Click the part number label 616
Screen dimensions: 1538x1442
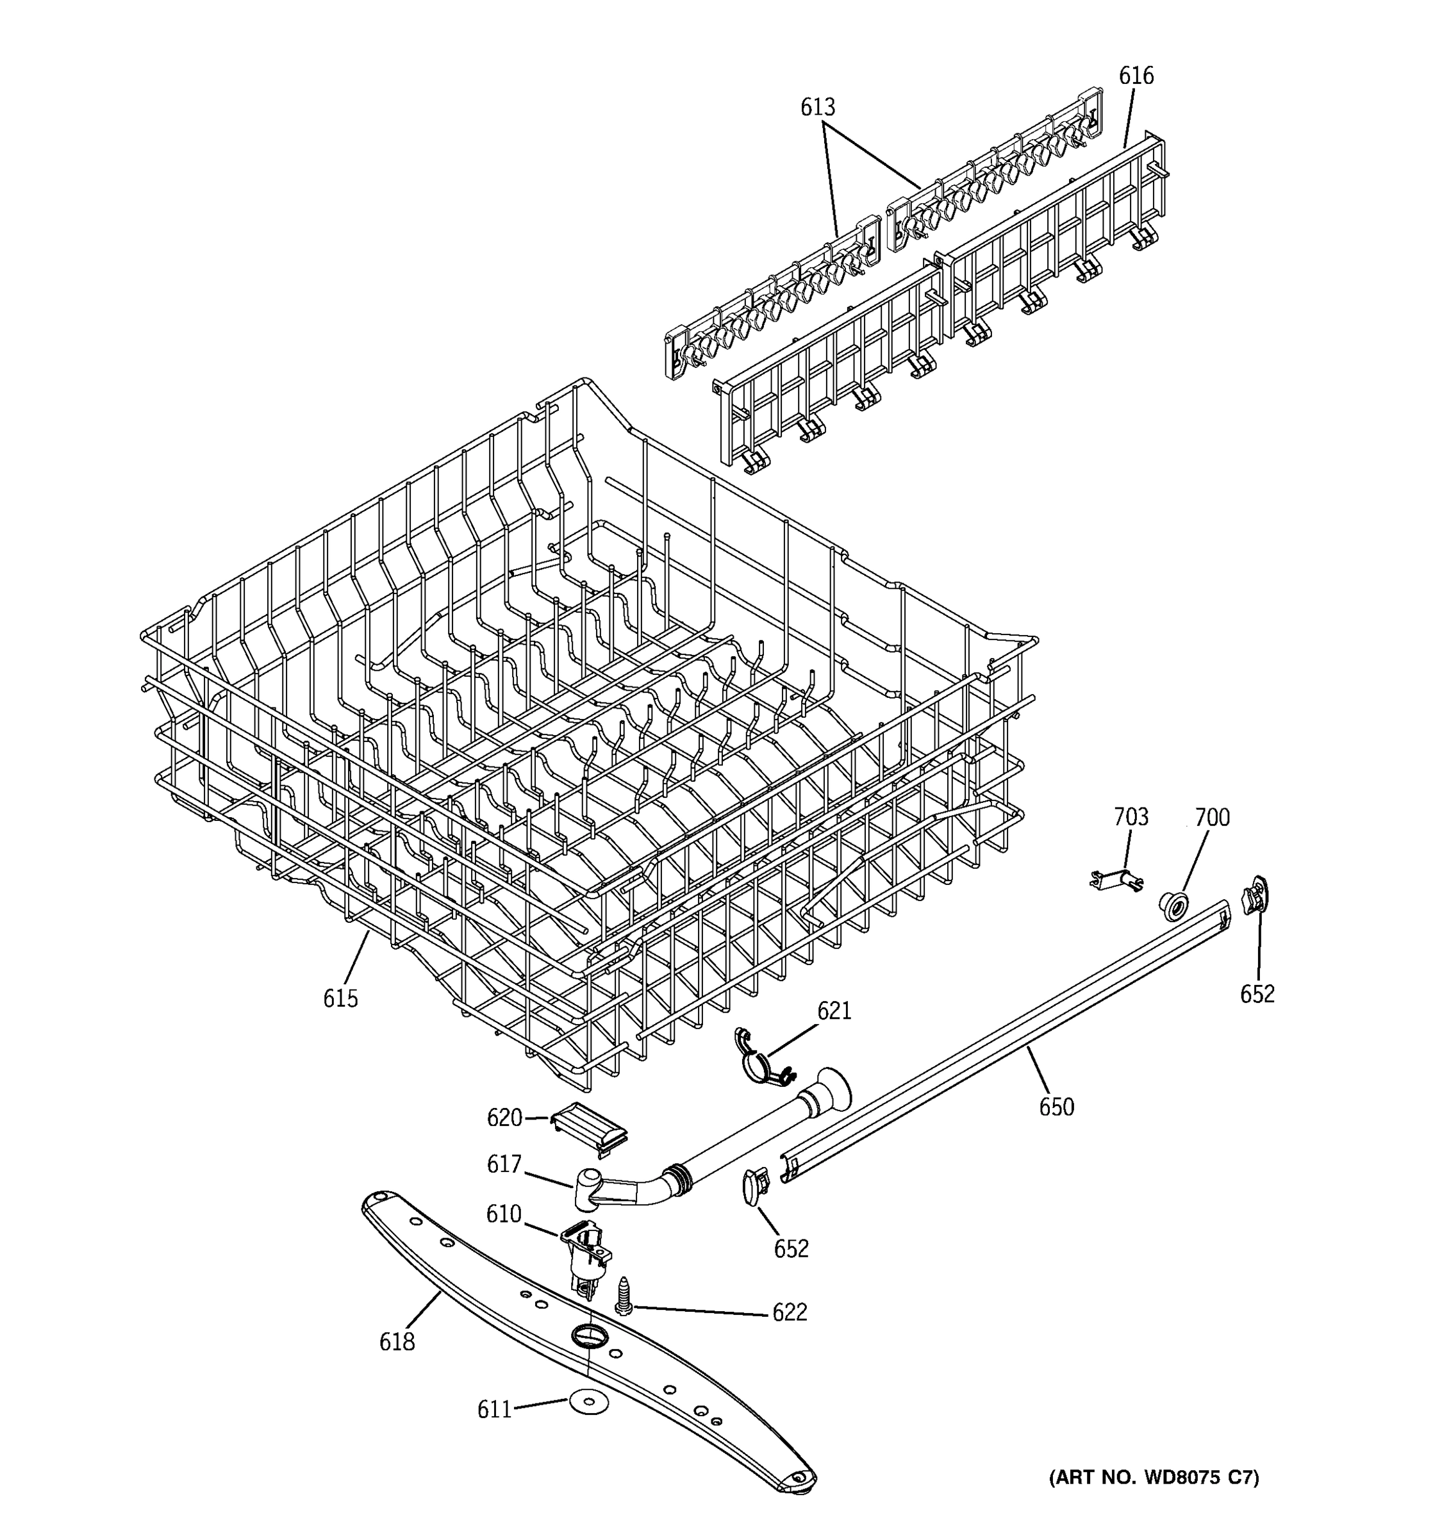coord(1136,76)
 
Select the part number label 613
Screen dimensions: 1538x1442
coord(818,107)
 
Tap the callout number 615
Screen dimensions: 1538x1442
coord(340,999)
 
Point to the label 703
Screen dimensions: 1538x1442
coord(1131,817)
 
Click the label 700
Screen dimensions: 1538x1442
coord(1211,818)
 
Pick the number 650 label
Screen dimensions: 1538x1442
coord(1056,1108)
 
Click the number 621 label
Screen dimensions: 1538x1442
coord(834,1011)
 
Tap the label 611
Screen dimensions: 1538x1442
coord(494,1410)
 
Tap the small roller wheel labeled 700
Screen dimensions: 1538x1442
coord(1173,904)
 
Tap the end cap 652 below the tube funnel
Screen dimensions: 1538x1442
coord(754,1187)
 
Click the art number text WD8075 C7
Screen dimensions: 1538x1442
coord(1154,1478)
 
